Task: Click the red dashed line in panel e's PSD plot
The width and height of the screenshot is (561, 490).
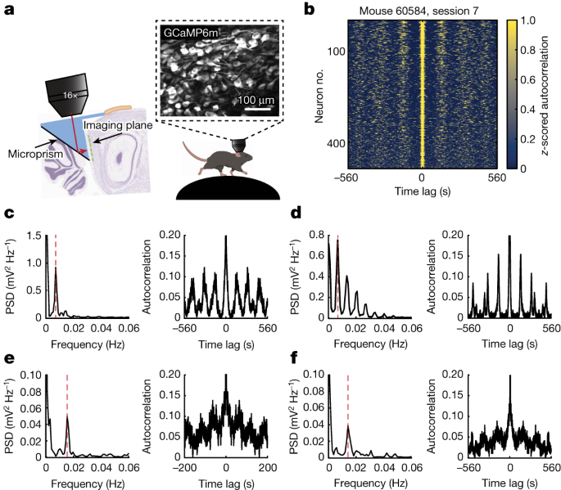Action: click(67, 409)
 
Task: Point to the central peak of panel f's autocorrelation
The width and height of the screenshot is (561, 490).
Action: click(509, 384)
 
